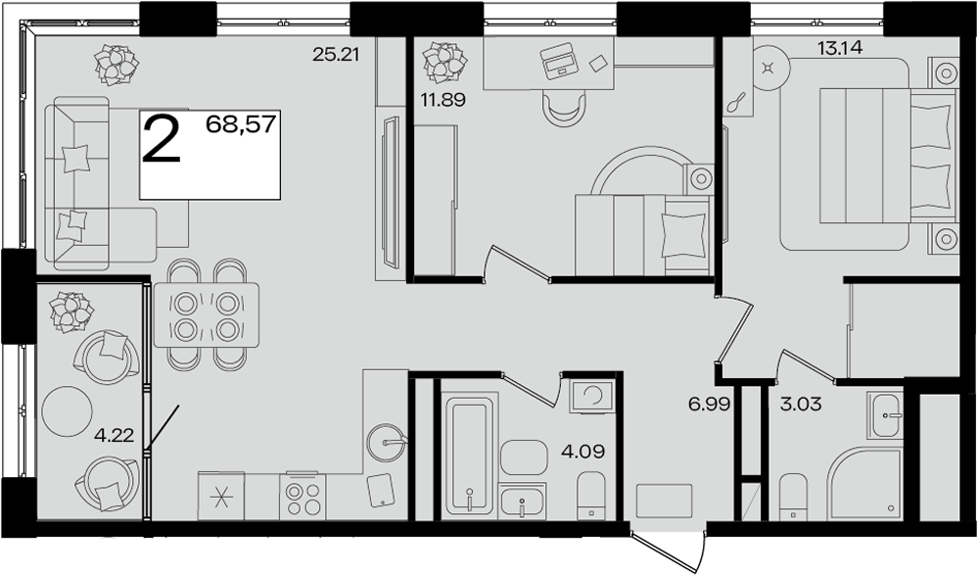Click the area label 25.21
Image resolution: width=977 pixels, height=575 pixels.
(336, 55)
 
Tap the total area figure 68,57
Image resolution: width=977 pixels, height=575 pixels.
(241, 124)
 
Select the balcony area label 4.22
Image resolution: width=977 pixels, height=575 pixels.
(114, 435)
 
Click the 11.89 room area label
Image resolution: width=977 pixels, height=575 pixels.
(443, 100)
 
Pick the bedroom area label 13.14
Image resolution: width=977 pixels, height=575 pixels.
(840, 48)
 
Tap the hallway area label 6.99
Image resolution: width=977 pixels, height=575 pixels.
(709, 405)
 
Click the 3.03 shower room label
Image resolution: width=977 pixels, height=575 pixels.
(801, 405)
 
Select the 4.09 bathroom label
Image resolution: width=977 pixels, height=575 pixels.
(583, 451)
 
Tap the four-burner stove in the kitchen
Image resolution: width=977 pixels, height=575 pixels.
(302, 496)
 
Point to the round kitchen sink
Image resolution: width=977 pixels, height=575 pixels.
(386, 442)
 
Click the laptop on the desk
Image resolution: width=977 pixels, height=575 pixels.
(558, 61)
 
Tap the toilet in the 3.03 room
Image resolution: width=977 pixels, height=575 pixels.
(793, 497)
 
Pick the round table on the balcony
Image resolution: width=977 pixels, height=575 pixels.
(67, 411)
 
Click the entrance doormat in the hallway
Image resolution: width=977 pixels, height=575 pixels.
(664, 501)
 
